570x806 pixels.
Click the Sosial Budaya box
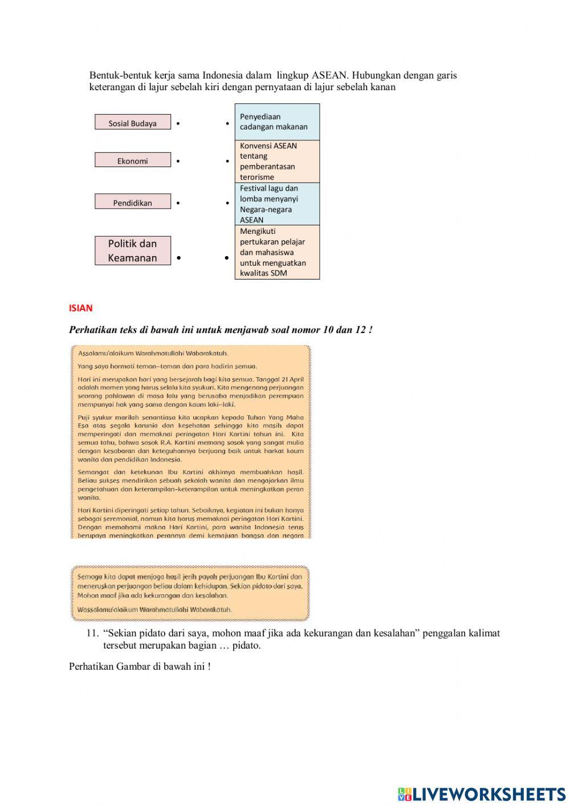click(132, 123)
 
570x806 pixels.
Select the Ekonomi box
click(132, 160)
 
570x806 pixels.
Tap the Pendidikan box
click(132, 202)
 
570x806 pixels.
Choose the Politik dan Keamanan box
click(132, 250)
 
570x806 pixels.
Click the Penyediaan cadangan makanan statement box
click(277, 122)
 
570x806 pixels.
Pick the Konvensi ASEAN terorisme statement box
click(277, 161)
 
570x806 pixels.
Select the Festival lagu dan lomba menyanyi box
click(277, 204)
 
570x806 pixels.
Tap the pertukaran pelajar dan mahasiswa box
click(277, 252)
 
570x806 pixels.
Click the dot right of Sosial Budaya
click(178, 123)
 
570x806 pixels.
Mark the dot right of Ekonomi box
click(178, 161)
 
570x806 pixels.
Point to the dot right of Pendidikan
click(178, 203)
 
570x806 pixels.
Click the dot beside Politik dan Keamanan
click(178, 258)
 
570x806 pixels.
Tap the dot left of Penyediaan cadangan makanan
click(227, 123)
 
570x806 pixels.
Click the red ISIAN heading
click(80, 308)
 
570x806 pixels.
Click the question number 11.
click(92, 633)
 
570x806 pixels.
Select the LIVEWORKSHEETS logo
click(482, 794)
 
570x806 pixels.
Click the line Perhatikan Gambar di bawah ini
click(140, 666)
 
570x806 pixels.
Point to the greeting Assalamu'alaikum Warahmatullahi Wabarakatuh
click(153, 353)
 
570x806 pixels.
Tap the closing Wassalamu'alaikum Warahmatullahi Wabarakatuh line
click(154, 609)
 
